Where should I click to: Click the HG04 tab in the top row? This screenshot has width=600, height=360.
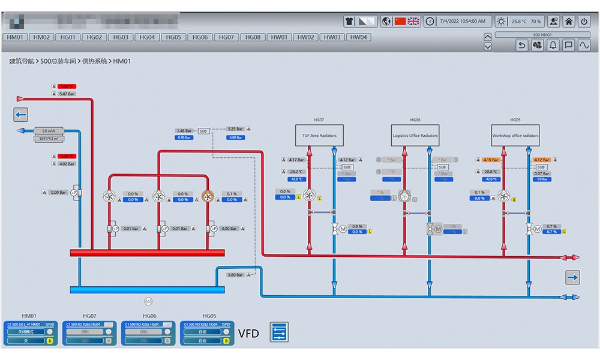[147, 37]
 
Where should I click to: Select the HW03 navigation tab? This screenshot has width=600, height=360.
[332, 37]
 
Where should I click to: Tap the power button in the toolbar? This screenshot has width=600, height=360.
[584, 22]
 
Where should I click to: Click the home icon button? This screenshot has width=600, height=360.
[569, 22]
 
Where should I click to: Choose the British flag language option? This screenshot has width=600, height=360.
[413, 21]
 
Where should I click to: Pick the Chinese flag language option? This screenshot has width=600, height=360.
[400, 21]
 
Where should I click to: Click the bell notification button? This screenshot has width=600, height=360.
[553, 45]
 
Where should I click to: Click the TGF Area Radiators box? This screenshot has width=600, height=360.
[319, 136]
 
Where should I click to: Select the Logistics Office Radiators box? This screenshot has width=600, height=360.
[415, 136]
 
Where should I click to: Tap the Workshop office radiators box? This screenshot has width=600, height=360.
[515, 136]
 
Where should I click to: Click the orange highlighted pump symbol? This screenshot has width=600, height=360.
[208, 196]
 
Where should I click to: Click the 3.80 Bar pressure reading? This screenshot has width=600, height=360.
[235, 275]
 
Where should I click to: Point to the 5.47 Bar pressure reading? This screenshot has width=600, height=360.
[67, 94]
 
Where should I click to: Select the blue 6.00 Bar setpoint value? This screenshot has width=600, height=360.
[235, 137]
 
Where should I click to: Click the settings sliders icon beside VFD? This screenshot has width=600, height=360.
[279, 332]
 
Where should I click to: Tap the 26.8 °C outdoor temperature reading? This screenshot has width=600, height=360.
[519, 22]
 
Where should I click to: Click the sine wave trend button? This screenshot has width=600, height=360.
[584, 45]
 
